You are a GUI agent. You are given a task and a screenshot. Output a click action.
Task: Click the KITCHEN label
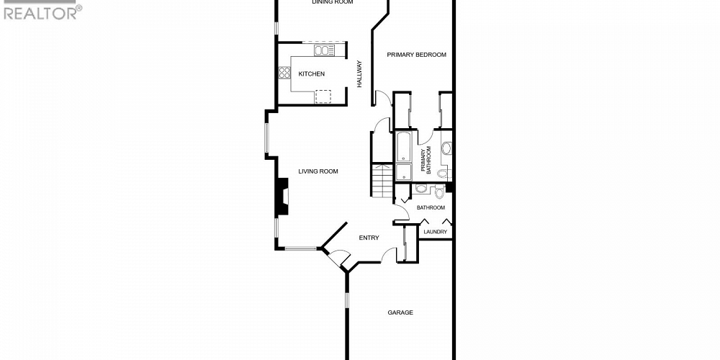[x=312, y=74]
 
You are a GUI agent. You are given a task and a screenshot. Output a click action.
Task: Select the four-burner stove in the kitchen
[x=284, y=72]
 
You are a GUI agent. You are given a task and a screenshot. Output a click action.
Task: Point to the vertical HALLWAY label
[x=359, y=74]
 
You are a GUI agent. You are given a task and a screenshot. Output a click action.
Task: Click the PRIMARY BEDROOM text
[x=416, y=55]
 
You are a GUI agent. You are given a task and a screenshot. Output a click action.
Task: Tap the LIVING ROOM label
[x=318, y=171]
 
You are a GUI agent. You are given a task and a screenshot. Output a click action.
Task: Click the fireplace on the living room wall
[x=283, y=196]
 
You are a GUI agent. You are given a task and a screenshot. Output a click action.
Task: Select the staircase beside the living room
[x=382, y=181]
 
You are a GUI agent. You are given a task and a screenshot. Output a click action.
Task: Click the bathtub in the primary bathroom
[x=403, y=147]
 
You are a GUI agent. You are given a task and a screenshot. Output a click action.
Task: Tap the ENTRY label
[x=369, y=238]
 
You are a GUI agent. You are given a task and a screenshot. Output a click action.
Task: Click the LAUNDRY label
[x=435, y=232]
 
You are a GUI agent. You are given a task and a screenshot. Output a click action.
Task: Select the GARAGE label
[x=400, y=312]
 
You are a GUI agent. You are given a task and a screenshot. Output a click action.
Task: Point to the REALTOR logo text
[x=42, y=12]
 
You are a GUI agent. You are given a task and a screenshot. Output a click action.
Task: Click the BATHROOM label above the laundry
[x=431, y=208]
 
